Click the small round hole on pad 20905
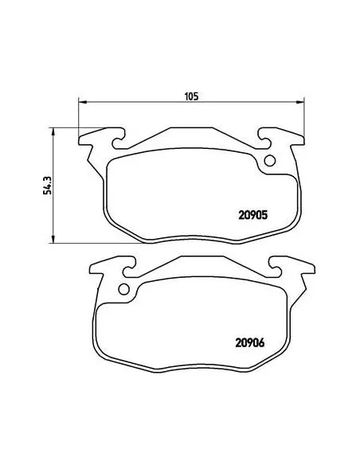tap(269, 162)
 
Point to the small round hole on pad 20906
tap(124, 289)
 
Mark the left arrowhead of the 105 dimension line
tap(80, 102)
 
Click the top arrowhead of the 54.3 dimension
tap(53, 129)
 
